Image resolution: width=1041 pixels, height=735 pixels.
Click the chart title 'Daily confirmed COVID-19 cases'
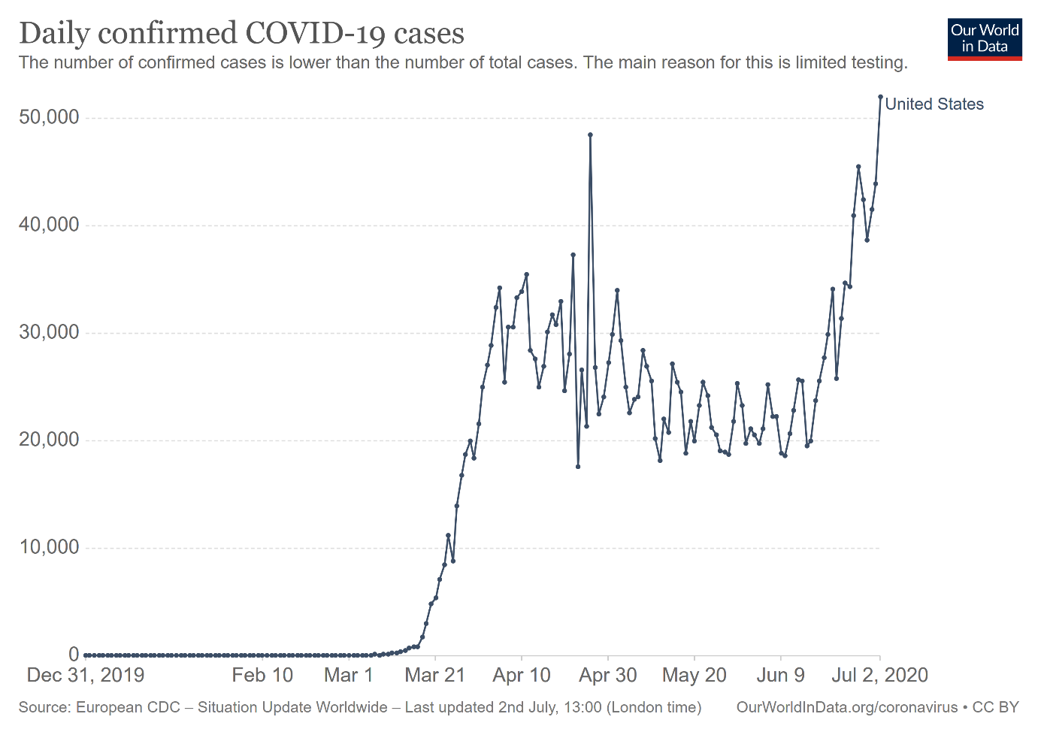(241, 34)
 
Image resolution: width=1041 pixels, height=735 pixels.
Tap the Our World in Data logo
(985, 38)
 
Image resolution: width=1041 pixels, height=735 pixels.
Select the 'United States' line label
(934, 104)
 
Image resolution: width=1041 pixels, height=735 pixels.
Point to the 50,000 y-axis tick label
(49, 117)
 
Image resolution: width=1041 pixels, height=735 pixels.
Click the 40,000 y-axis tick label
(49, 225)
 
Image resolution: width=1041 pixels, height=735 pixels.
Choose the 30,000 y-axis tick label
(49, 332)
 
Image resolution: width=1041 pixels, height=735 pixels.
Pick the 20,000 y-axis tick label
(49, 440)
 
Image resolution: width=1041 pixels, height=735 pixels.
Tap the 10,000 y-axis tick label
(49, 547)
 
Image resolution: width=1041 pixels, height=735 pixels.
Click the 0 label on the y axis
(74, 655)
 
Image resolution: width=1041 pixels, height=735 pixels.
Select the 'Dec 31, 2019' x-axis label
(86, 675)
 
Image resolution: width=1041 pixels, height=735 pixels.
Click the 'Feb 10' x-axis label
(262, 675)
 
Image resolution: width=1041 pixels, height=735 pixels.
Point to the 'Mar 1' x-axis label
(349, 675)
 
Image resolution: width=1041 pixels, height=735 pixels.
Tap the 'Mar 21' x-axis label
(435, 675)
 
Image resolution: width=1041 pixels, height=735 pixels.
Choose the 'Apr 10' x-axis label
(522, 675)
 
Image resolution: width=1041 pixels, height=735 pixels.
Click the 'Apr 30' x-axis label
(608, 675)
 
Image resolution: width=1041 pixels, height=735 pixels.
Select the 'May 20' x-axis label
(695, 675)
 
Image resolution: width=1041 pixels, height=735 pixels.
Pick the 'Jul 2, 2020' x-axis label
(879, 675)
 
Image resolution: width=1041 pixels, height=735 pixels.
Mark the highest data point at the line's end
(880, 97)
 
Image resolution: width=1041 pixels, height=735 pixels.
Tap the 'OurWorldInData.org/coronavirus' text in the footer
(847, 707)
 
